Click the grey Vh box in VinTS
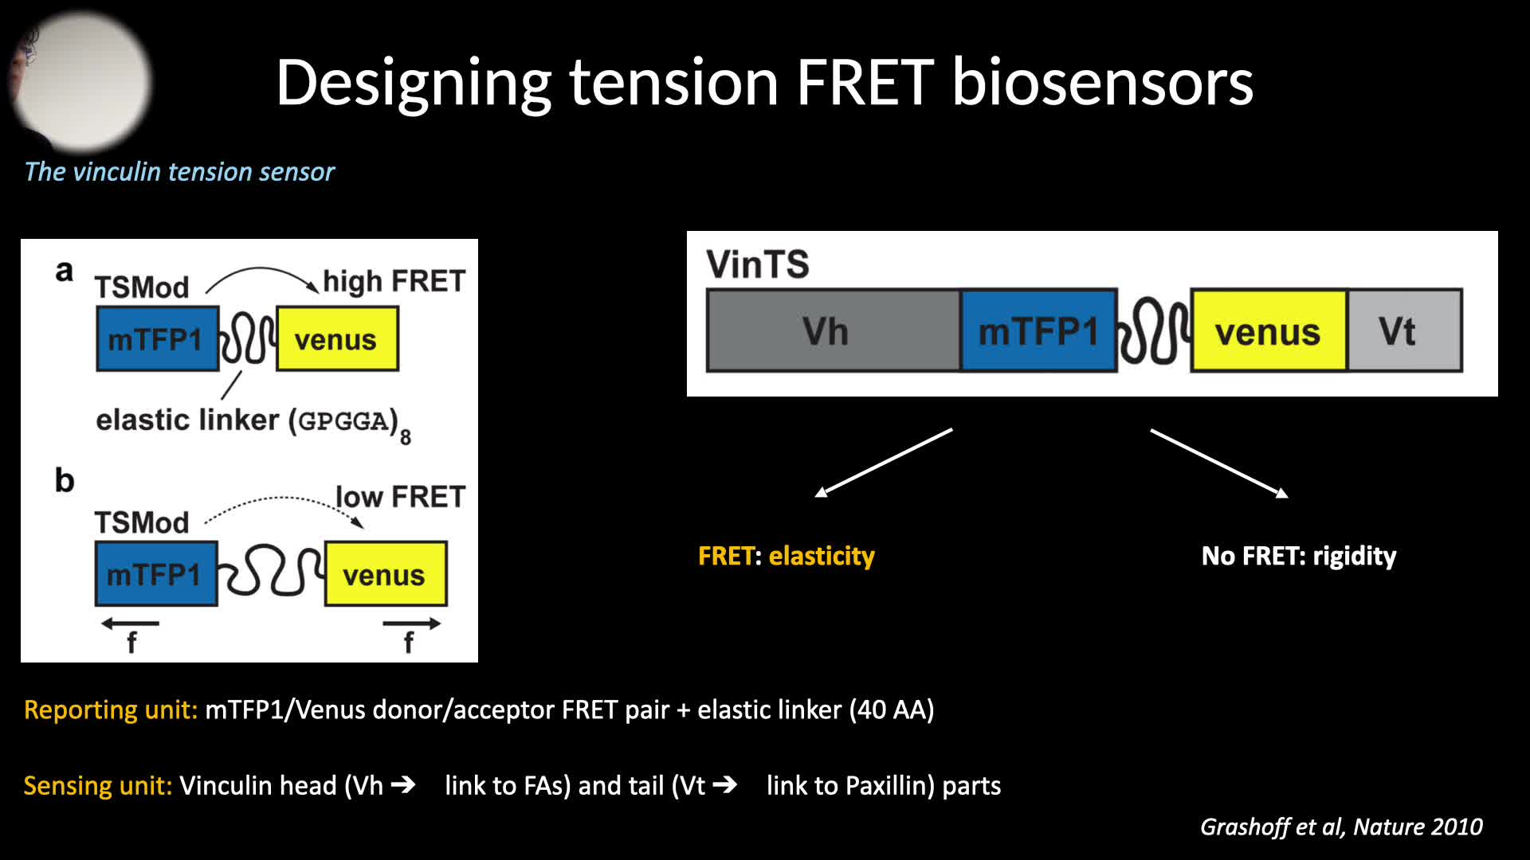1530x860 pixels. (833, 330)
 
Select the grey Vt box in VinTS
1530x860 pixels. (1404, 330)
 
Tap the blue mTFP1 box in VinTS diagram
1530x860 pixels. (1038, 330)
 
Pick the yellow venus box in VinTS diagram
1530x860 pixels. (1268, 330)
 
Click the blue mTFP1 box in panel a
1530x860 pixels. (157, 338)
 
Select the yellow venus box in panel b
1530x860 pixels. (386, 574)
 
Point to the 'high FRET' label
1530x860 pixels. (394, 281)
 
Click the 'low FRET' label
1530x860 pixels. (400, 497)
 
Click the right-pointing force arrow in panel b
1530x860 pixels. (411, 623)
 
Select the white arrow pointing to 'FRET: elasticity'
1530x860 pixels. (883, 463)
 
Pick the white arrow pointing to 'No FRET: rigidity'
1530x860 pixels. (1219, 463)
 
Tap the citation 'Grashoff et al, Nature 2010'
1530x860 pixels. (1341, 827)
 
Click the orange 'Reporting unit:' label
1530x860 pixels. (111, 709)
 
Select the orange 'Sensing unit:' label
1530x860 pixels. (98, 785)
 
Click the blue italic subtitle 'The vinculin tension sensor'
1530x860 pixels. (179, 171)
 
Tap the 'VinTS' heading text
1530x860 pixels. (757, 264)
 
